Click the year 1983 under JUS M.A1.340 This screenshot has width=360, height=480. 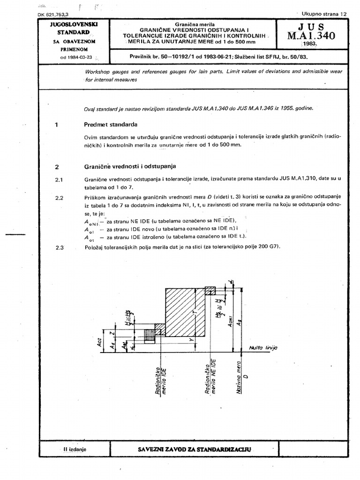pyautogui.click(x=310, y=45)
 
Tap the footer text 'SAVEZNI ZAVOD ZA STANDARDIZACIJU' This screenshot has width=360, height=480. pyautogui.click(x=195, y=449)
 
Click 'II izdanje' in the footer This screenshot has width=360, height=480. pyautogui.click(x=73, y=449)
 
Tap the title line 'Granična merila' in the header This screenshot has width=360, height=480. pyautogui.click(x=194, y=23)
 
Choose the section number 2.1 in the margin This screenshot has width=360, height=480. pyautogui.click(x=59, y=180)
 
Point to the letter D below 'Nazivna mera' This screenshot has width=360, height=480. pyautogui.click(x=245, y=376)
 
